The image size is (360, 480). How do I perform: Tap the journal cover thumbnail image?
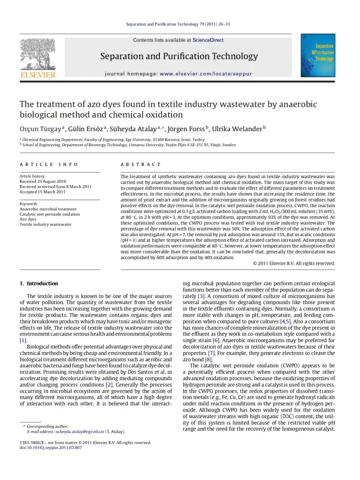coord(318,55)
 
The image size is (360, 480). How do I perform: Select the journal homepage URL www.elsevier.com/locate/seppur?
coord(206,74)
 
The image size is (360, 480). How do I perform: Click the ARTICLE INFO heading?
coord(49,165)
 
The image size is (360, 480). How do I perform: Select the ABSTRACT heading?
coord(141,165)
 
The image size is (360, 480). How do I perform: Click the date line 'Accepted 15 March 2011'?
coord(42,192)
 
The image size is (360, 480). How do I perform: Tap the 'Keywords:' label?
coord(29,204)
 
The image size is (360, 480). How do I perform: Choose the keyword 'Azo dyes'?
coord(28,219)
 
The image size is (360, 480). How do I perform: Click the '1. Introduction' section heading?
coord(39,284)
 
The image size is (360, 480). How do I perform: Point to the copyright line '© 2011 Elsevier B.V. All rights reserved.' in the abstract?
coord(294,263)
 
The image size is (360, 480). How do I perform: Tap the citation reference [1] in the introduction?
coord(23,340)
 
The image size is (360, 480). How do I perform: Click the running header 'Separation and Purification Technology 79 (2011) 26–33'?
coord(178,24)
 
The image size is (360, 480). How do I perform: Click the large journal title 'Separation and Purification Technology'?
coord(179,57)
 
